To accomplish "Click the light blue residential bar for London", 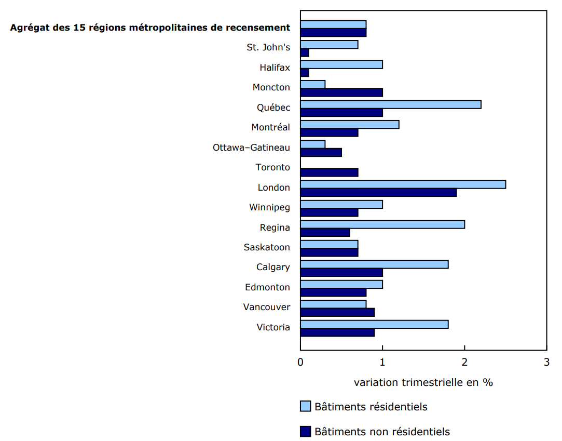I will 403,184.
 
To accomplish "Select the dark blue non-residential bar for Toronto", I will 329,172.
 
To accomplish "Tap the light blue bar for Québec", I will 391,104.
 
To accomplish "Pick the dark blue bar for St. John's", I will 305,52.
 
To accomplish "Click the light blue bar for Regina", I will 382,224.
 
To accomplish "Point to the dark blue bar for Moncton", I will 341,92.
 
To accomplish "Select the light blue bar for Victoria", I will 374,324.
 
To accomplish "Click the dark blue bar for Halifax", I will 305,73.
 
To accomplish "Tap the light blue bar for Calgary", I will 374,264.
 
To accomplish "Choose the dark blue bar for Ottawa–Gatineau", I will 321,152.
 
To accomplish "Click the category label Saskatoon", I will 267,247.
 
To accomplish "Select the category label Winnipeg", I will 269,208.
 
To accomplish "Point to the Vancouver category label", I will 266,307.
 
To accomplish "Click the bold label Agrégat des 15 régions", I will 150,28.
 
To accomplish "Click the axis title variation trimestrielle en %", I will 423,382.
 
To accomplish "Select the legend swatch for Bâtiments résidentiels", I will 306,406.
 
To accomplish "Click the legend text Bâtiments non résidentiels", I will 382,432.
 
